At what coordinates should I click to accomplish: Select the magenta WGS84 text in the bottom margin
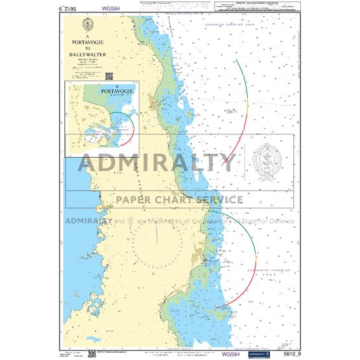[x=230, y=354]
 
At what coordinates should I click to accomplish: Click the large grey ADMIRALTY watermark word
[x=158, y=162]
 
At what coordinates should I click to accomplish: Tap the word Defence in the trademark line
[x=280, y=221]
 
